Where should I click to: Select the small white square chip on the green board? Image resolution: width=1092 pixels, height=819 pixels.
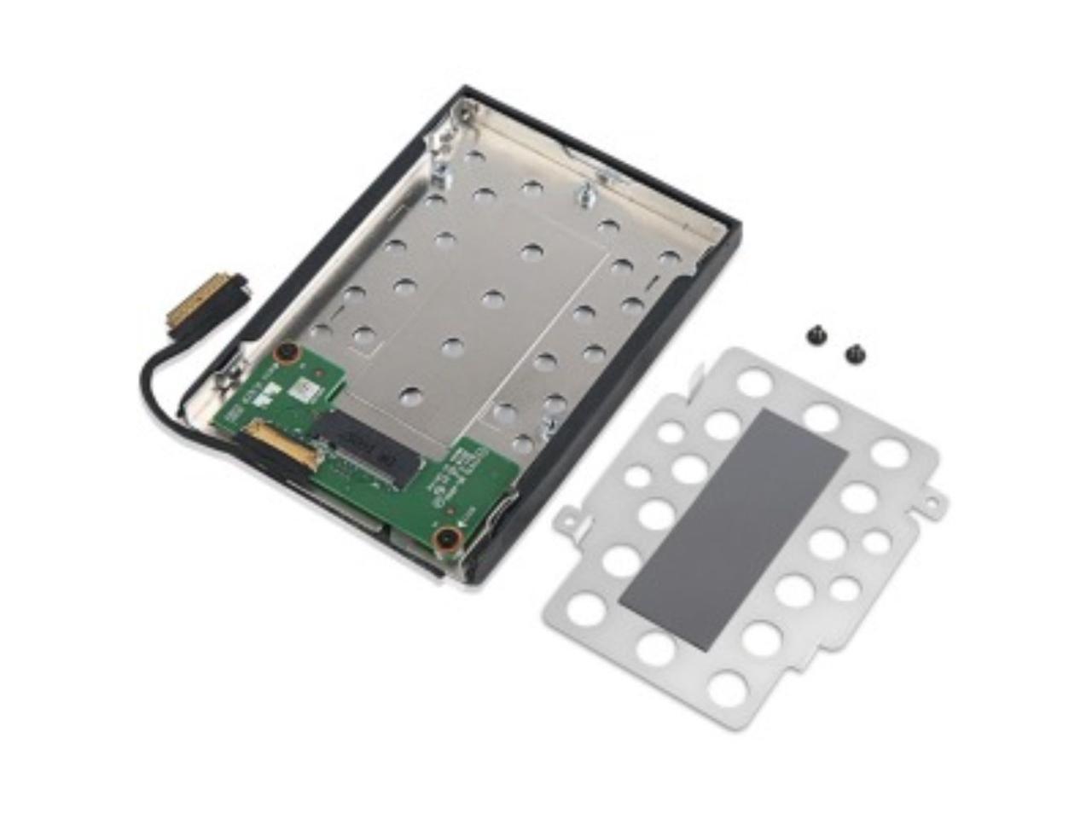pyautogui.click(x=305, y=389)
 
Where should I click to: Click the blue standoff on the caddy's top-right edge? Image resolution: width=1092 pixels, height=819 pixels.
pyautogui.click(x=590, y=191)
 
